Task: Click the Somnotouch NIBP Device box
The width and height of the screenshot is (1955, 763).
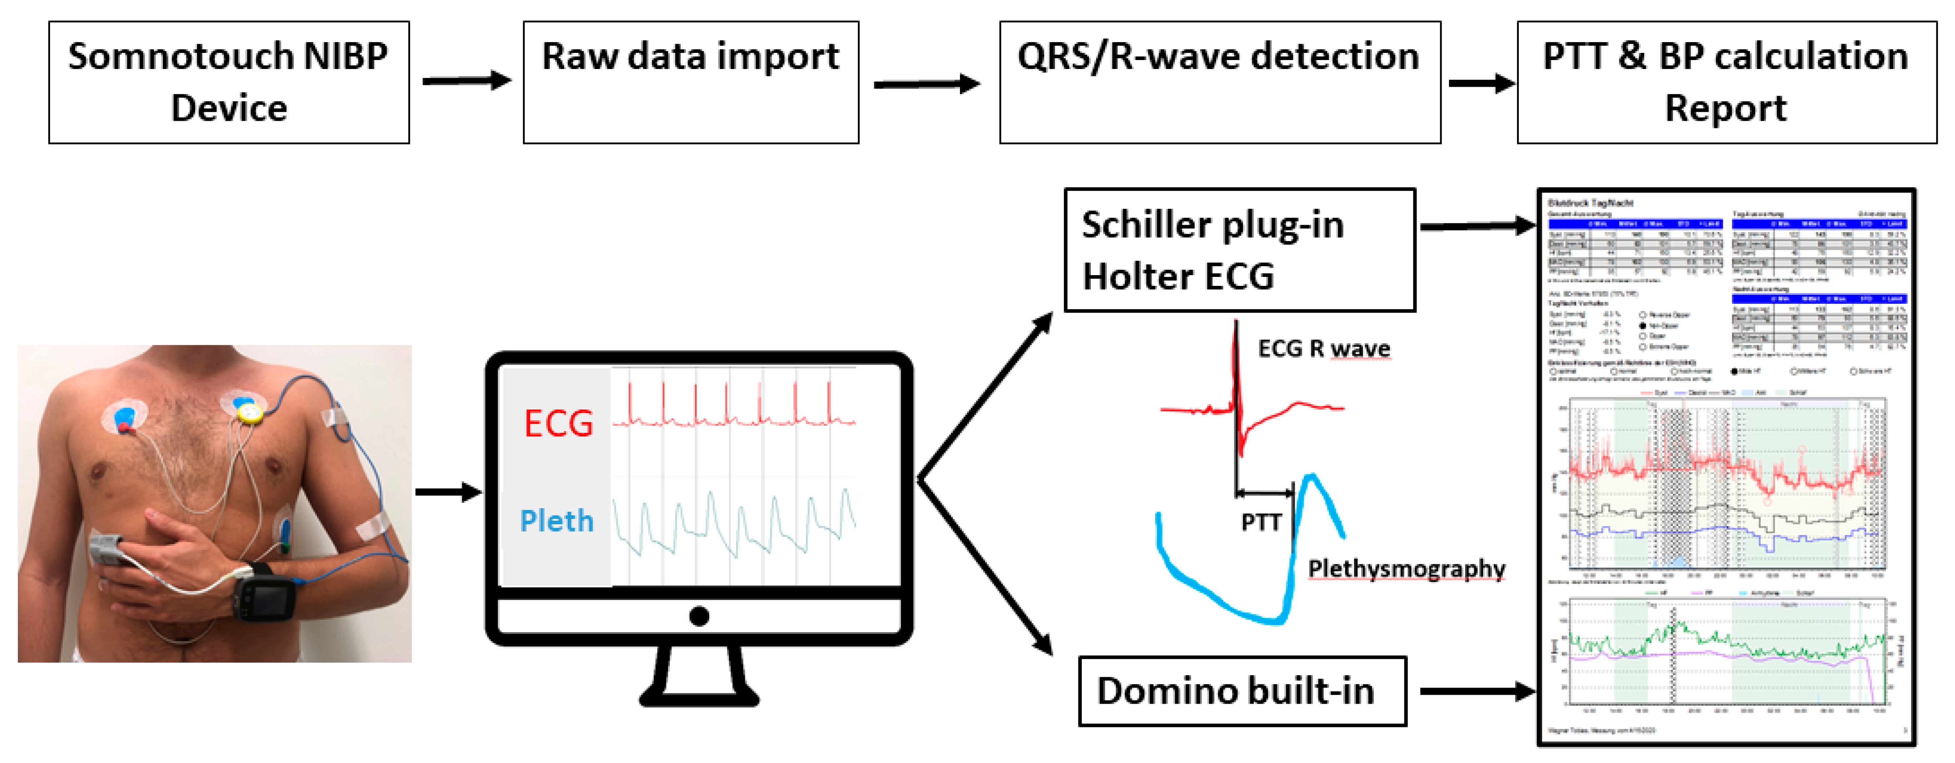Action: coord(228,82)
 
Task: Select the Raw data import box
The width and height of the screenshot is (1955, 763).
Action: coord(691,82)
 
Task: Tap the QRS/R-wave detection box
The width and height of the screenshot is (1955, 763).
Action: coord(1220,82)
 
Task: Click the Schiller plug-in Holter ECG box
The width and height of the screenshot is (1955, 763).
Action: coord(1239,250)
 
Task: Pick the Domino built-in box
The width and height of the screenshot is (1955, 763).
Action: coord(1242,691)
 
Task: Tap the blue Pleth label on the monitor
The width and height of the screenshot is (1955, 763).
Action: coord(556,521)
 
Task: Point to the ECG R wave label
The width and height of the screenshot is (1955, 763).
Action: coord(1324,348)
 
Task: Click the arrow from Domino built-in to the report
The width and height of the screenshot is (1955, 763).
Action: coord(1476,691)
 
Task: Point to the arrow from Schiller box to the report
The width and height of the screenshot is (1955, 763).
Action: coord(1476,226)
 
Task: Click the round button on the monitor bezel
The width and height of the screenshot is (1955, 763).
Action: coord(699,616)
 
